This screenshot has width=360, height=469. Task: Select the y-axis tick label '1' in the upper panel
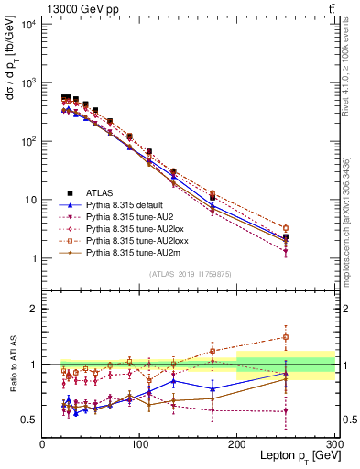click(x=35, y=259)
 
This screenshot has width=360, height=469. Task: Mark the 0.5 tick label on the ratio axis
click(x=29, y=420)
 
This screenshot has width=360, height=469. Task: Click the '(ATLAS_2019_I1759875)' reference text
click(x=189, y=274)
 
